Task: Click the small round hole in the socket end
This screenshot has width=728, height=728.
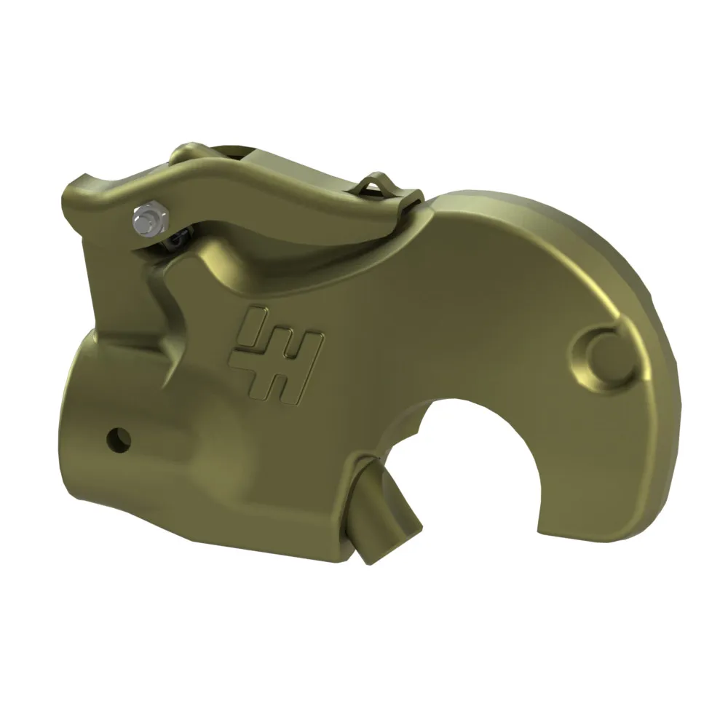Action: pos(117,438)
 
